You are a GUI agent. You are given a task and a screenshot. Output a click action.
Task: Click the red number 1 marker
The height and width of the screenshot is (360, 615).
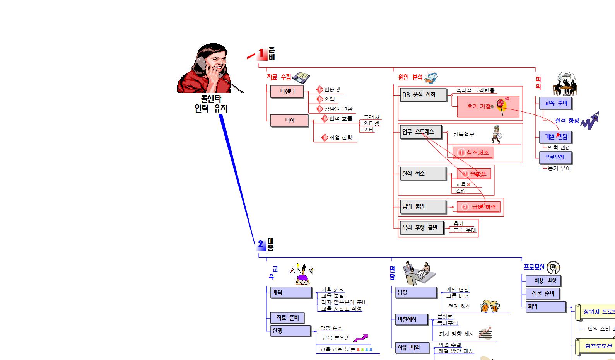pyautogui.click(x=262, y=54)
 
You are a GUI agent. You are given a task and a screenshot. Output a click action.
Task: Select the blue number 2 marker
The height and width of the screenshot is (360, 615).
pyautogui.click(x=261, y=244)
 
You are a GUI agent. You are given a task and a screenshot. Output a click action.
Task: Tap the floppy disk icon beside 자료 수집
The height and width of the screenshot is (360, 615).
pyautogui.click(x=301, y=77)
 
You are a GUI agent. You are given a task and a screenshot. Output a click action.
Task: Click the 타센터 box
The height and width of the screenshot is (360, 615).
pyautogui.click(x=287, y=92)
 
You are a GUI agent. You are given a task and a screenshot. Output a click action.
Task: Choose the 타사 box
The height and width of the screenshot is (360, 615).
pyautogui.click(x=289, y=120)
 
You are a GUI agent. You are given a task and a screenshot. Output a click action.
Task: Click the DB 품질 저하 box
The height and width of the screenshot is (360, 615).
pyautogui.click(x=422, y=95)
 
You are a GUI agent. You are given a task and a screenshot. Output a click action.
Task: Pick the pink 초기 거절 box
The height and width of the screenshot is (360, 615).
pyautogui.click(x=487, y=106)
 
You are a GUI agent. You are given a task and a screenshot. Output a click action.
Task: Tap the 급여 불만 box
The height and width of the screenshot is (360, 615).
pyautogui.click(x=423, y=206)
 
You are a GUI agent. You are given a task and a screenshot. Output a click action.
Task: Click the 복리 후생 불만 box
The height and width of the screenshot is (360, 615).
pyautogui.click(x=422, y=228)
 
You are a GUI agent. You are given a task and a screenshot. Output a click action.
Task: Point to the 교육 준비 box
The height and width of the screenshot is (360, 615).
pyautogui.click(x=555, y=103)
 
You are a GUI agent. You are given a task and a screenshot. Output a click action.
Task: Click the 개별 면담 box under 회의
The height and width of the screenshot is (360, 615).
pyautogui.click(x=555, y=137)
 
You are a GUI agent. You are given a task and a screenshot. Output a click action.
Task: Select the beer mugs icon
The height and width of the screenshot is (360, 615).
pyautogui.click(x=490, y=306)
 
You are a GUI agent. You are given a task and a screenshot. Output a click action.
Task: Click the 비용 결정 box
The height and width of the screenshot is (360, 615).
pyautogui.click(x=543, y=281)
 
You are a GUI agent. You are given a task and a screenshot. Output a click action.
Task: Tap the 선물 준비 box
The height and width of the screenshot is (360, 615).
pyautogui.click(x=543, y=293)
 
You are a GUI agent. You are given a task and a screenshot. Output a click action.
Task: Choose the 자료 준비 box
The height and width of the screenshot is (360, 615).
pyautogui.click(x=287, y=318)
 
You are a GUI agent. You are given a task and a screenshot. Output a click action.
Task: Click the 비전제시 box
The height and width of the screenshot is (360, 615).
pyautogui.click(x=411, y=319)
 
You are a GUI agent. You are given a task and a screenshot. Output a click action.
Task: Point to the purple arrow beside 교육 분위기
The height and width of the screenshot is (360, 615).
pyautogui.click(x=360, y=338)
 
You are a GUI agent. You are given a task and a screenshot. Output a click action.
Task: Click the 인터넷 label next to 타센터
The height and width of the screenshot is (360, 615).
pyautogui.click(x=332, y=90)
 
